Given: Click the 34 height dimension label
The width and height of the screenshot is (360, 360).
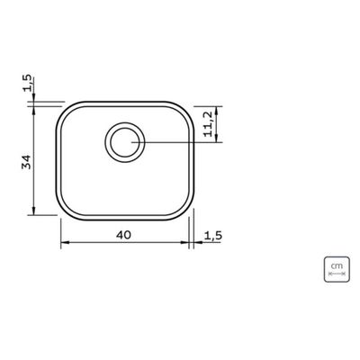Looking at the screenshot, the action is click(x=27, y=162).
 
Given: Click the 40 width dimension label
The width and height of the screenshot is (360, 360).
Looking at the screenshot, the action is click(x=123, y=235).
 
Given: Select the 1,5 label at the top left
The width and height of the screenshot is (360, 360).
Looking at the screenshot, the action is click(x=27, y=83).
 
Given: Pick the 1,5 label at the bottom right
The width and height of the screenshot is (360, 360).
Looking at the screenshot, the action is click(x=213, y=236).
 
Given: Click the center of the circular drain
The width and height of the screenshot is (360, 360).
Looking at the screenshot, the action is click(x=125, y=142).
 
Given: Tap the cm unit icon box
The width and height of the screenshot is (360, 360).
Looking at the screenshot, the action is click(x=337, y=269).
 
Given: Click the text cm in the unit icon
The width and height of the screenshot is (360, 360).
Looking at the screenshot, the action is click(x=337, y=265).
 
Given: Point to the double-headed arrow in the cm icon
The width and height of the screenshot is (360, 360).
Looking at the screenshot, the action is click(x=337, y=274).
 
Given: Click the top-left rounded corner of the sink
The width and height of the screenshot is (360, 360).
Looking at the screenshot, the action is click(x=63, y=109).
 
